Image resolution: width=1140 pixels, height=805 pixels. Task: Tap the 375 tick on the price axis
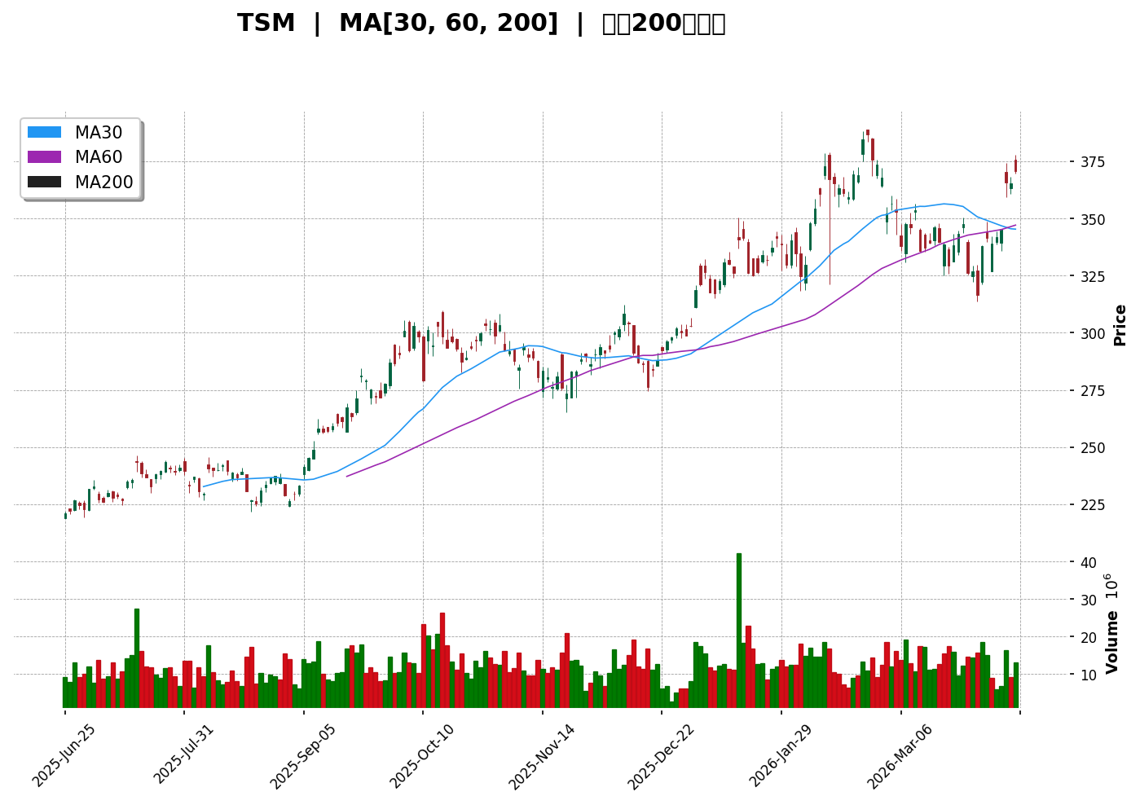[x=1045, y=162]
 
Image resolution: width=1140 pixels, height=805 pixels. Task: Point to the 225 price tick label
[x=1045, y=505]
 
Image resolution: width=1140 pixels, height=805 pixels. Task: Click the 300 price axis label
[x=1045, y=334]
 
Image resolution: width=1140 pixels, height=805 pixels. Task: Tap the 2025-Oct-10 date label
[x=422, y=755]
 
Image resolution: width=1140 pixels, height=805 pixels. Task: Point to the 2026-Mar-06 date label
[x=900, y=755]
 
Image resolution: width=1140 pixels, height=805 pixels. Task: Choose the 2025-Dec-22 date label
[x=661, y=755]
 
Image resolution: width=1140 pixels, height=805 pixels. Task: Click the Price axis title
[x=1120, y=325]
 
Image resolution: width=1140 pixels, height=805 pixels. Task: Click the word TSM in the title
[x=266, y=24]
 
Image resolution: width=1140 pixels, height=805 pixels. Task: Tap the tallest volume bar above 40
[x=739, y=630]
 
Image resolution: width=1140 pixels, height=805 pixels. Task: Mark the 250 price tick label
[x=1045, y=448]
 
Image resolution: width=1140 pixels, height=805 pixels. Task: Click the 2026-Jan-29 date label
[x=781, y=755]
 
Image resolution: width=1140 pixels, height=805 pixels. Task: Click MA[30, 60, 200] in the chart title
[x=448, y=24]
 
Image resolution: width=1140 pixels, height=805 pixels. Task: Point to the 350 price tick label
[x=1045, y=220]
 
